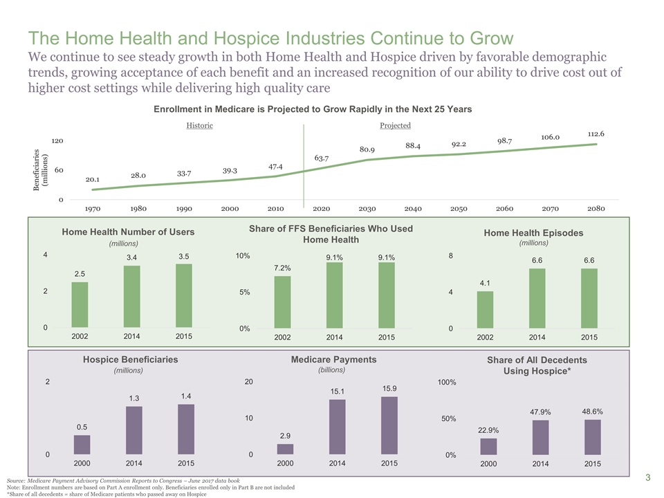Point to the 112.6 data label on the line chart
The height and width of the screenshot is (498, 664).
point(596,133)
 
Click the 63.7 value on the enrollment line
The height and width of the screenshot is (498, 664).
point(321,158)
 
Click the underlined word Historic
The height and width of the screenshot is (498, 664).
point(199,125)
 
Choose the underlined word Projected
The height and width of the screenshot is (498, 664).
point(395,125)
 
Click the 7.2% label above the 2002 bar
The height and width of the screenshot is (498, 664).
point(282,267)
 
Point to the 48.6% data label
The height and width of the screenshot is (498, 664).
point(593,411)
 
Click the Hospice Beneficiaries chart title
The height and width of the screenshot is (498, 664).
point(130,359)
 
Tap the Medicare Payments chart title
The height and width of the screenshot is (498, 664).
point(333,359)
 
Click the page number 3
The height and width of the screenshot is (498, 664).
point(648,477)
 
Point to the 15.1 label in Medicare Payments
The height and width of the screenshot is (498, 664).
point(337,391)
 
